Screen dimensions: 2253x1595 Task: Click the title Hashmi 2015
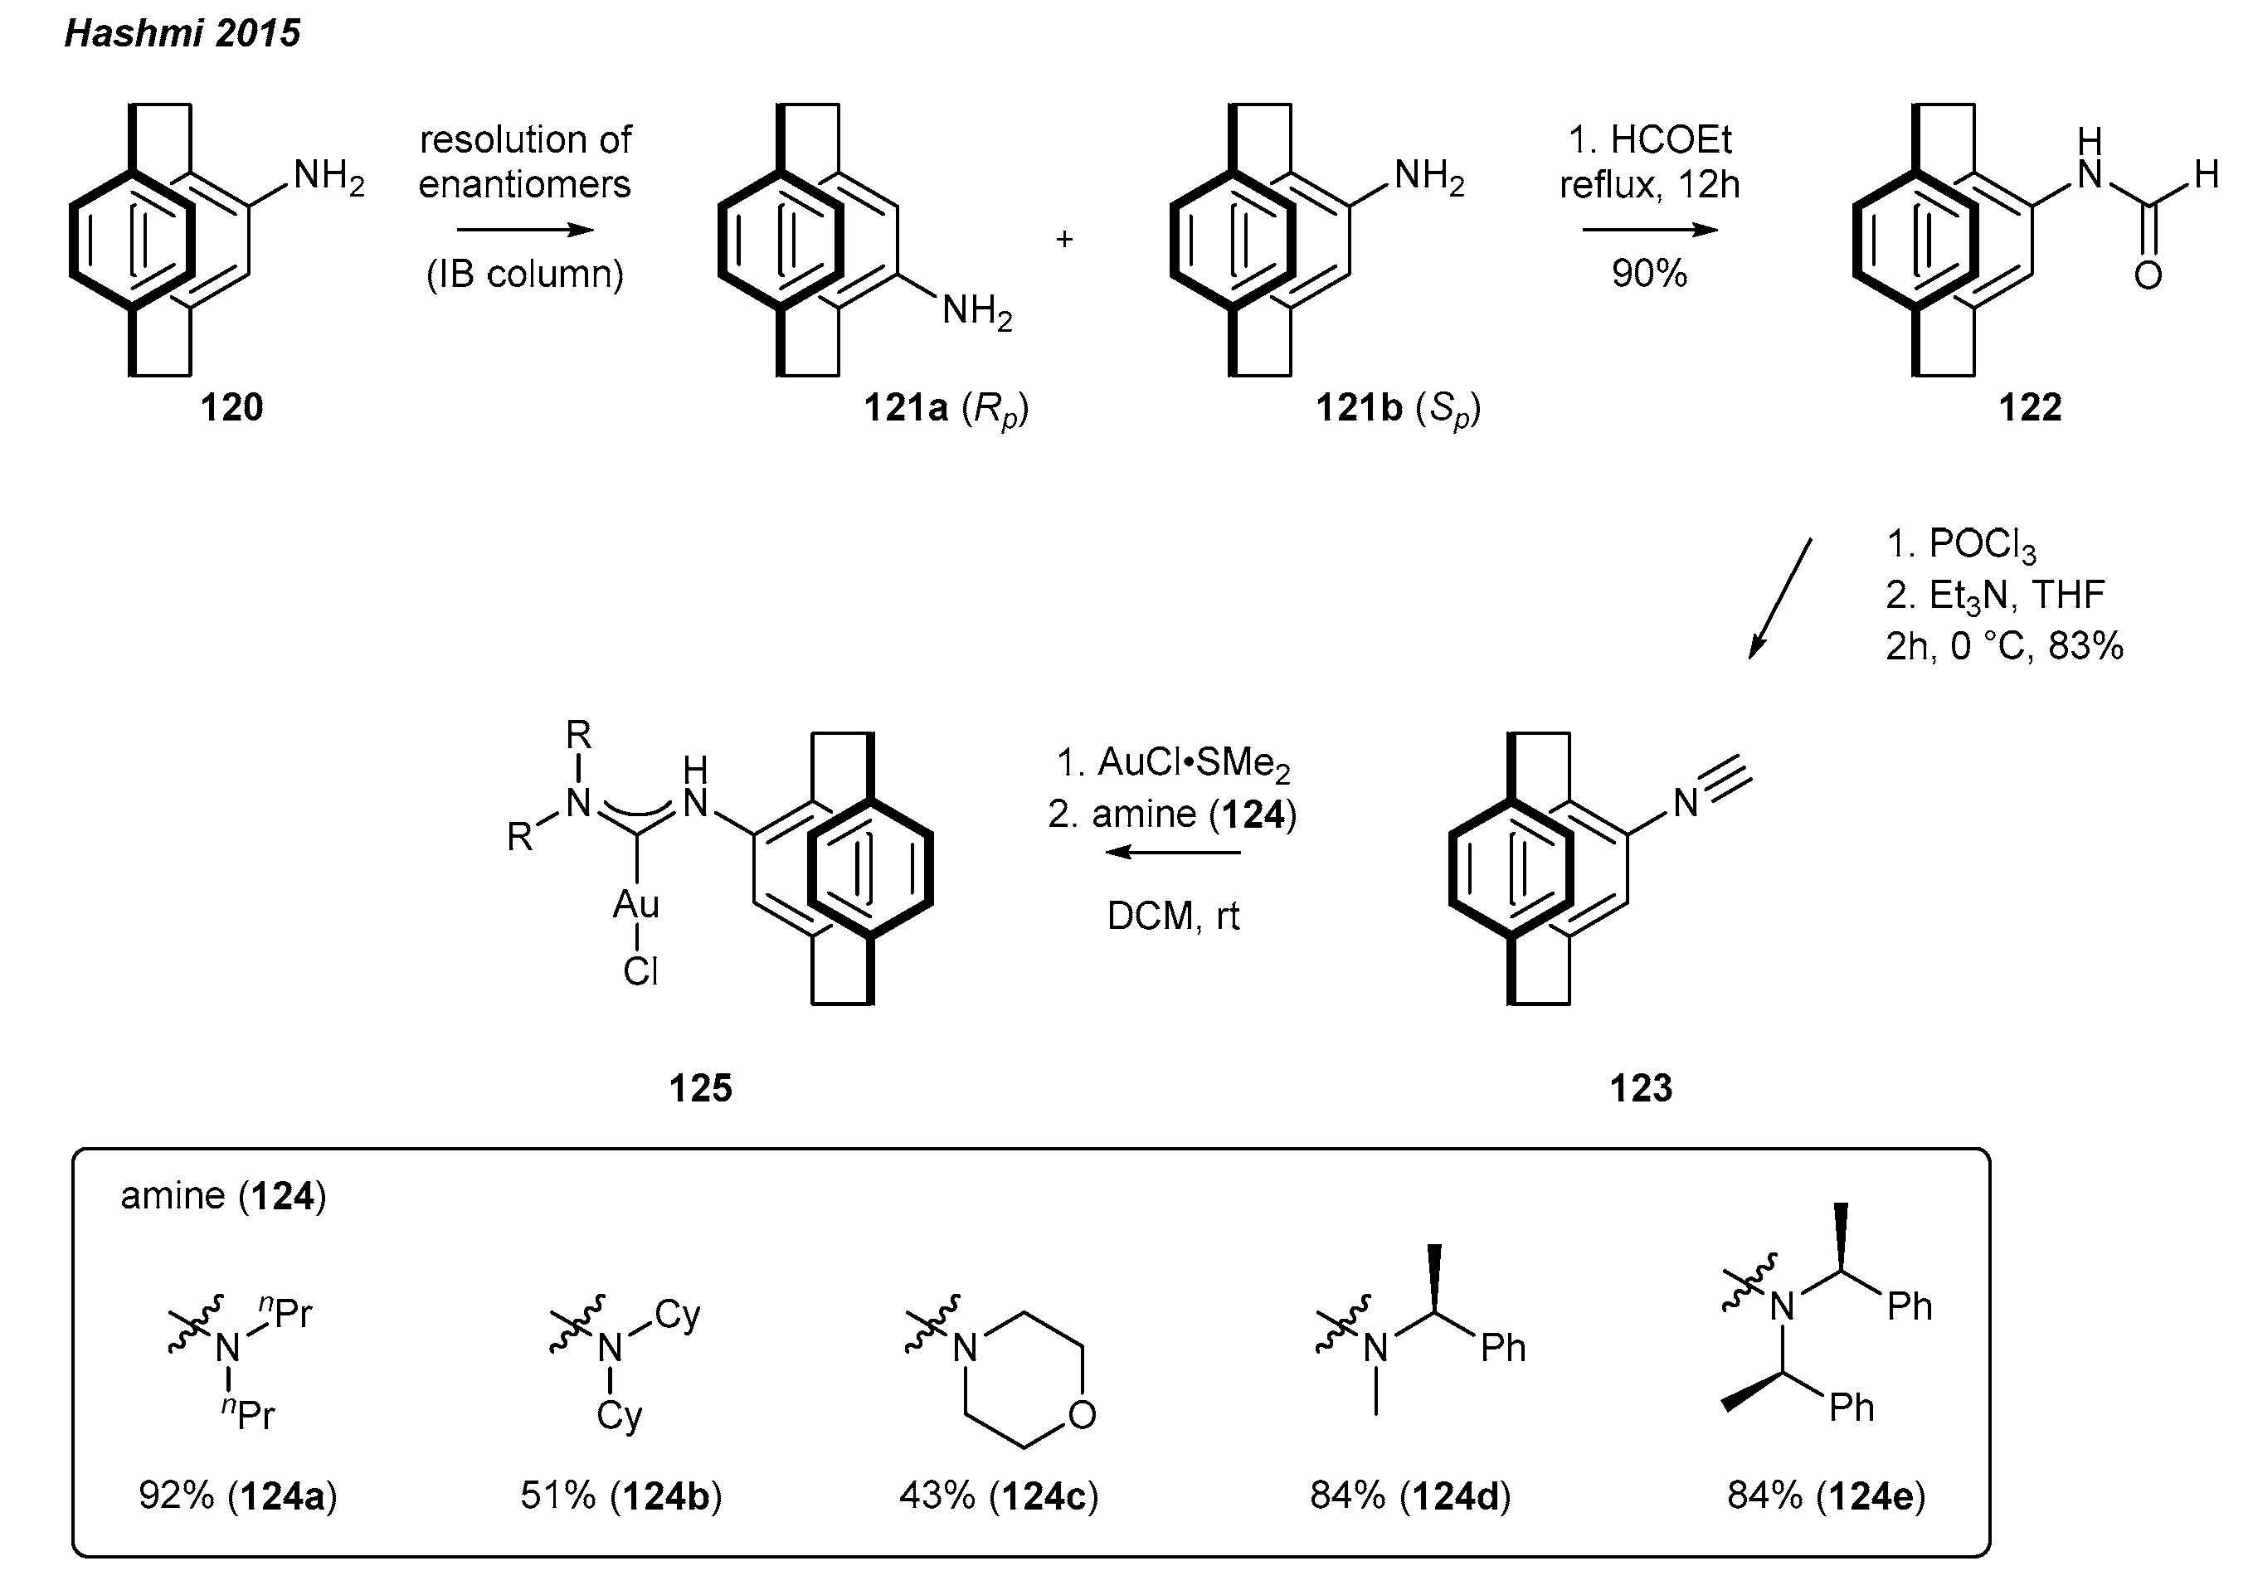tap(182, 33)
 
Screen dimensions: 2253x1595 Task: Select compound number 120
tap(231, 406)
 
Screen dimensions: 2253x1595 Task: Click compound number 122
tap(2030, 406)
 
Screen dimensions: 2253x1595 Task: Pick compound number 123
tap(1640, 1087)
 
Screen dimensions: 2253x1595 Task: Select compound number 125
tap(700, 1087)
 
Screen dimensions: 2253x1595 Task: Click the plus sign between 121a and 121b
tap(1063, 239)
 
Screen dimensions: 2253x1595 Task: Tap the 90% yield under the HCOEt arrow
tap(1649, 273)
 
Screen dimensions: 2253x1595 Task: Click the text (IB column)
tap(524, 274)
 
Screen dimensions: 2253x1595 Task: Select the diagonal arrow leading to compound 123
tap(1779, 598)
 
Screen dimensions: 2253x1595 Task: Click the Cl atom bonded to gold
tap(640, 972)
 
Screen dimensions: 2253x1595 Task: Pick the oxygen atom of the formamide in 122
tap(2148, 276)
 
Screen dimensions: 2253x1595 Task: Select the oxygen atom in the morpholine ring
tap(1082, 1414)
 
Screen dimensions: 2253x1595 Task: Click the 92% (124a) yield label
tap(238, 1495)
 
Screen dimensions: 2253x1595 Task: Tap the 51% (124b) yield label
tap(620, 1495)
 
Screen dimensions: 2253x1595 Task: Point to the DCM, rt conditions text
tap(1173, 917)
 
